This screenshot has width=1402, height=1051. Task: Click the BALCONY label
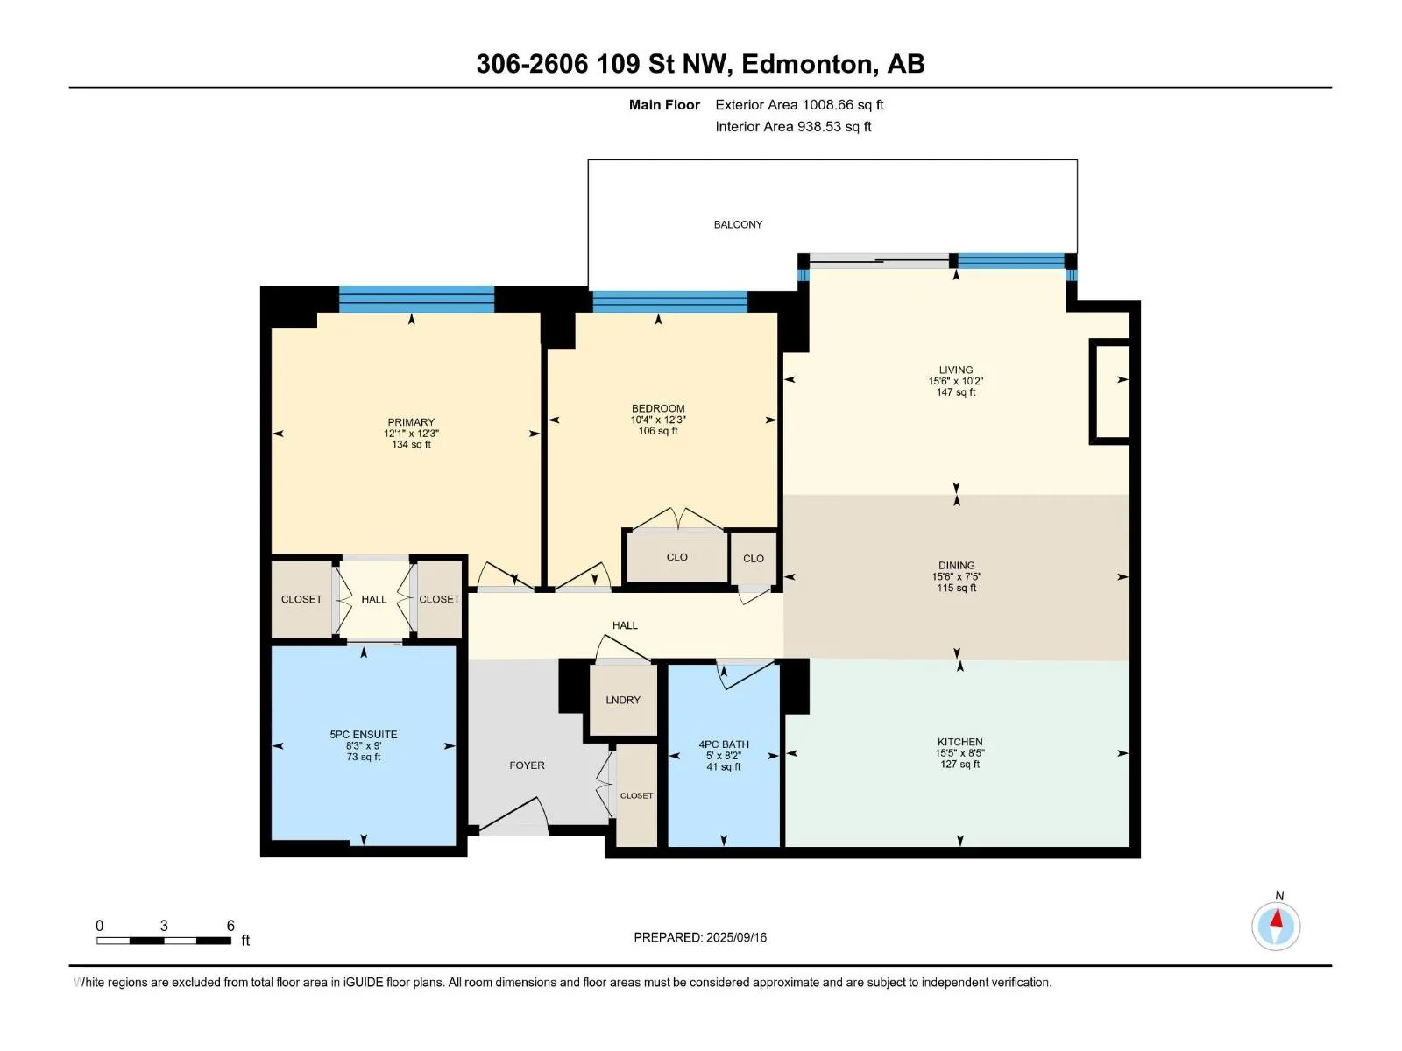pos(738,224)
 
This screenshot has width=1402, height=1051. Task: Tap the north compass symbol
pos(1276,925)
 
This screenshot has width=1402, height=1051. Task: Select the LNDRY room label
pos(623,700)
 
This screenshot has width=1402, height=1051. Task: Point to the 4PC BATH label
pos(724,744)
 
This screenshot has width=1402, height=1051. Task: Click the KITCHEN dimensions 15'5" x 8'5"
pos(960,753)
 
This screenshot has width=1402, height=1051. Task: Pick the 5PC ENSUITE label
pos(364,735)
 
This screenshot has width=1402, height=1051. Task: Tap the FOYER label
pos(527,765)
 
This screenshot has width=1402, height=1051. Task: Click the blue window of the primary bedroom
pos(416,300)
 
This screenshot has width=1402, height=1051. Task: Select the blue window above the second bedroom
pos(670,302)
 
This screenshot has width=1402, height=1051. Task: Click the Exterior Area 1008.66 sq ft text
pos(799,104)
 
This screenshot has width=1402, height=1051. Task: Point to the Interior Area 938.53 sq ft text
pos(793,126)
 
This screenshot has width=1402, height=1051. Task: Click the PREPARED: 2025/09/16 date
pos(700,937)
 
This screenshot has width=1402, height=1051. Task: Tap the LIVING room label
pos(955,370)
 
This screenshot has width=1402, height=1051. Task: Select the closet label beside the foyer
pos(636,796)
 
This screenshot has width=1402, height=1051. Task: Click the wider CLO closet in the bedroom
pos(677,557)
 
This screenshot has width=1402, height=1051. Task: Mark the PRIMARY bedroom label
pos(411,422)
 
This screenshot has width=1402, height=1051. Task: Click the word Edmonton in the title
pos(807,64)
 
